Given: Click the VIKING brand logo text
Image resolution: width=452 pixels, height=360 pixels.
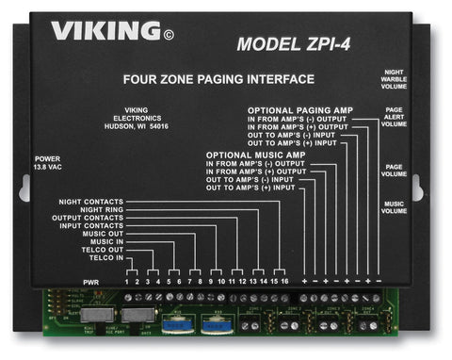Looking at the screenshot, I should tap(103, 33).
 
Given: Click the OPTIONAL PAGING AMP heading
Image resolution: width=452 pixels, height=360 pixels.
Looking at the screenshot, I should tap(300, 111).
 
